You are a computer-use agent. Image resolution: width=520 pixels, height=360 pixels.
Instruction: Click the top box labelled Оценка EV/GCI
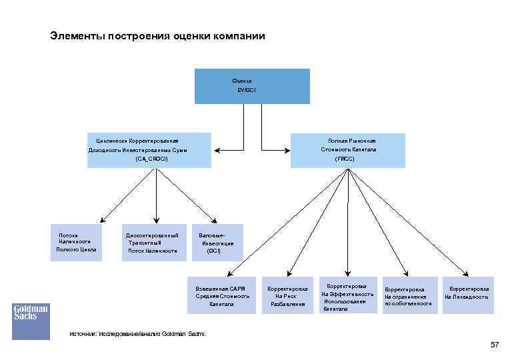(252, 85)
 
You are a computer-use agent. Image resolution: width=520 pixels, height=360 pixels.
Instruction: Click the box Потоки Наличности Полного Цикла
(77, 243)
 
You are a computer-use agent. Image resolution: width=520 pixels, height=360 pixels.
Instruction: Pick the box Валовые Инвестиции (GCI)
(217, 243)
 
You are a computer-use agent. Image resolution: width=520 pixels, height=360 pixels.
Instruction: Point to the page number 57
(494, 345)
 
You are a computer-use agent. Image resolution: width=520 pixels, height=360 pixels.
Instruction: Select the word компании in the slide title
(238, 35)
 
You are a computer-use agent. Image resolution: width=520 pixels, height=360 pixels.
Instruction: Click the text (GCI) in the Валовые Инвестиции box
(213, 251)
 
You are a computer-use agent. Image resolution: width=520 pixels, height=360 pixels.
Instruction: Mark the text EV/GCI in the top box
(246, 89)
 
